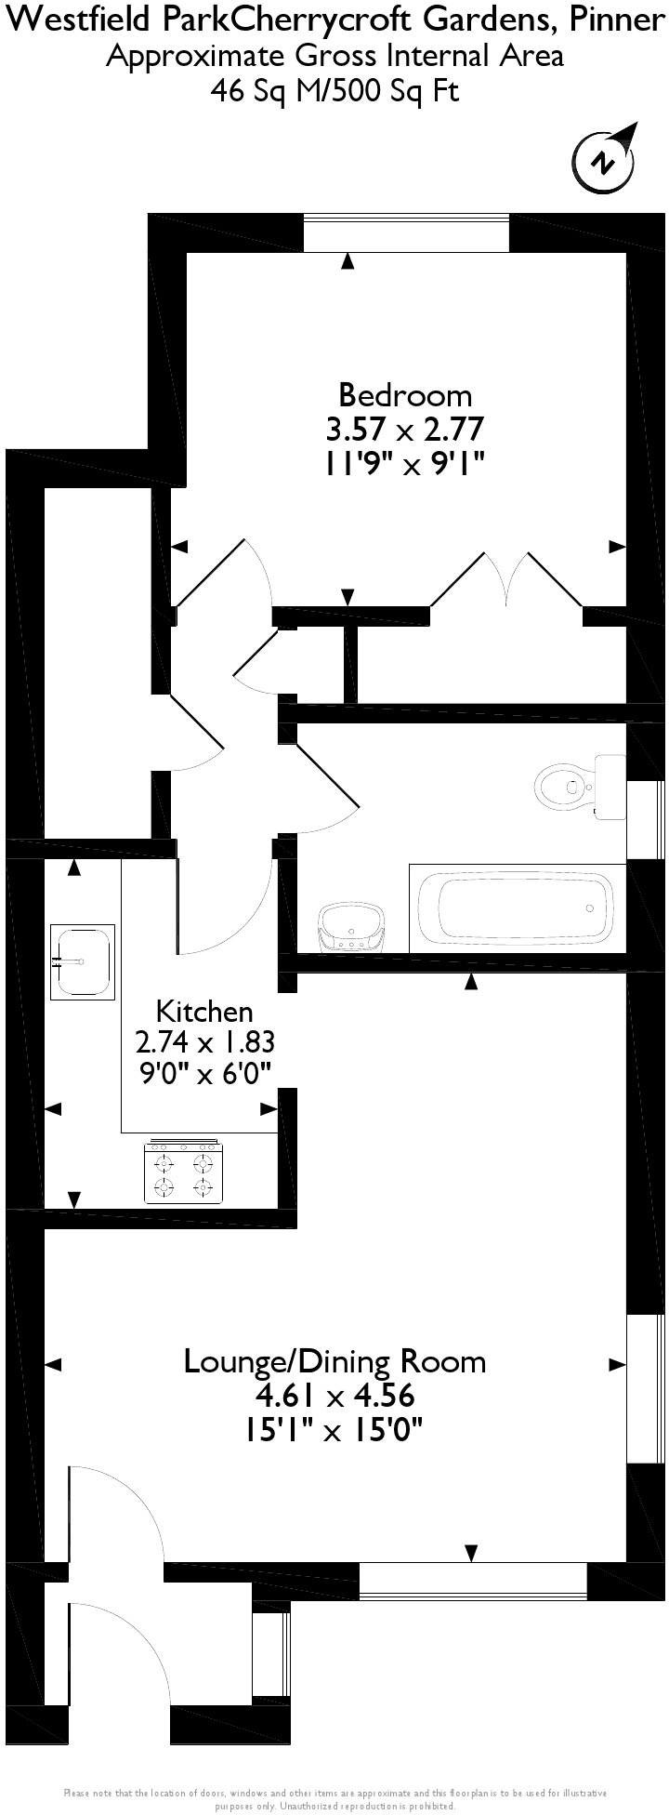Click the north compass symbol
pos(606,162)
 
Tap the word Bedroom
pos(405,395)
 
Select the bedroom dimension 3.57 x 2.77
pos(405,430)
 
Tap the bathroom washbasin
pos(350,928)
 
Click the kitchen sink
pos(82,961)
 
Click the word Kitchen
pos(203,1011)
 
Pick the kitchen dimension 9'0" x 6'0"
pos(205,1074)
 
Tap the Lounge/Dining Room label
pos(334,1361)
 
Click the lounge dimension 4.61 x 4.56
pos(334,1396)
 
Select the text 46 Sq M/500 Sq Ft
pos(334,91)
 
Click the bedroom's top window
pos(406,232)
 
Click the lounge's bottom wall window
pos(473,1582)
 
